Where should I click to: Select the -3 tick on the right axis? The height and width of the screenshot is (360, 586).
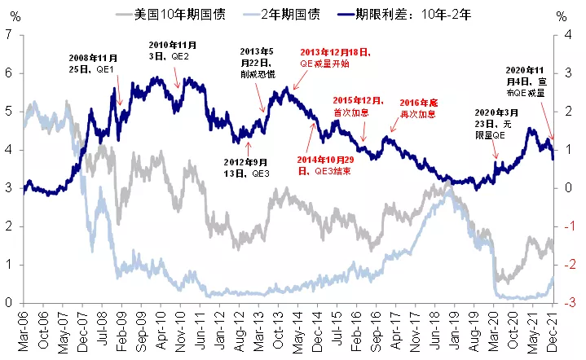562,303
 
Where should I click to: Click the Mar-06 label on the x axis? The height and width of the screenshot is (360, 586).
25,330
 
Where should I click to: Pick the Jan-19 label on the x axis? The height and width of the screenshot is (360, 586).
451,330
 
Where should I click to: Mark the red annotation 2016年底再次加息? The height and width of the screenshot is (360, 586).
421,108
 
